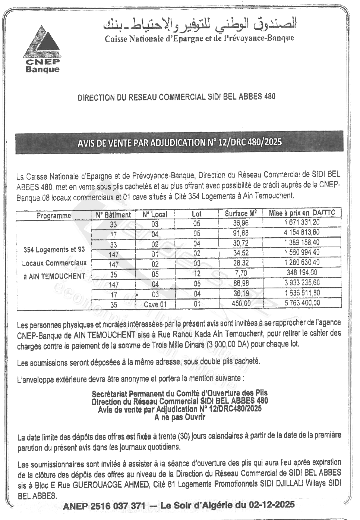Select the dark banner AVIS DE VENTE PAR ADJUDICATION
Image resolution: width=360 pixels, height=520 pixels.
(x=179, y=142)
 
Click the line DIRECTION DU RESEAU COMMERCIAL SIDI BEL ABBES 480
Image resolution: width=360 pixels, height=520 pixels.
(x=176, y=97)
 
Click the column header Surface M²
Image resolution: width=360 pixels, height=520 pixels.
(x=241, y=214)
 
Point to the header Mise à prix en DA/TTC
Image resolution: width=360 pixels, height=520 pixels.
(x=302, y=213)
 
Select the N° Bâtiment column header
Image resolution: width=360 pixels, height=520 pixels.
(x=113, y=215)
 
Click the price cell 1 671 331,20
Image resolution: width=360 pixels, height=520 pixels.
(x=302, y=222)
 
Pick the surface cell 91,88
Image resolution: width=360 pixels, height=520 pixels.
(x=240, y=233)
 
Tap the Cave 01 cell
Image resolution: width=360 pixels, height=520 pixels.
(x=155, y=304)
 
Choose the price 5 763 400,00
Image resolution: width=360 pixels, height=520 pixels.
(x=302, y=303)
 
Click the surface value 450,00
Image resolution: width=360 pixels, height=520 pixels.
(x=241, y=304)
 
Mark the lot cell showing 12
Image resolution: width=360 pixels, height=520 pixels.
(x=197, y=274)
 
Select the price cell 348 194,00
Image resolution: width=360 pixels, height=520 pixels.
(x=302, y=273)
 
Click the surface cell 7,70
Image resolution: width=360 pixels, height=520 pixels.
(x=241, y=273)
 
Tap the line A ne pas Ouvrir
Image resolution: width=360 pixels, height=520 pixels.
(x=180, y=417)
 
